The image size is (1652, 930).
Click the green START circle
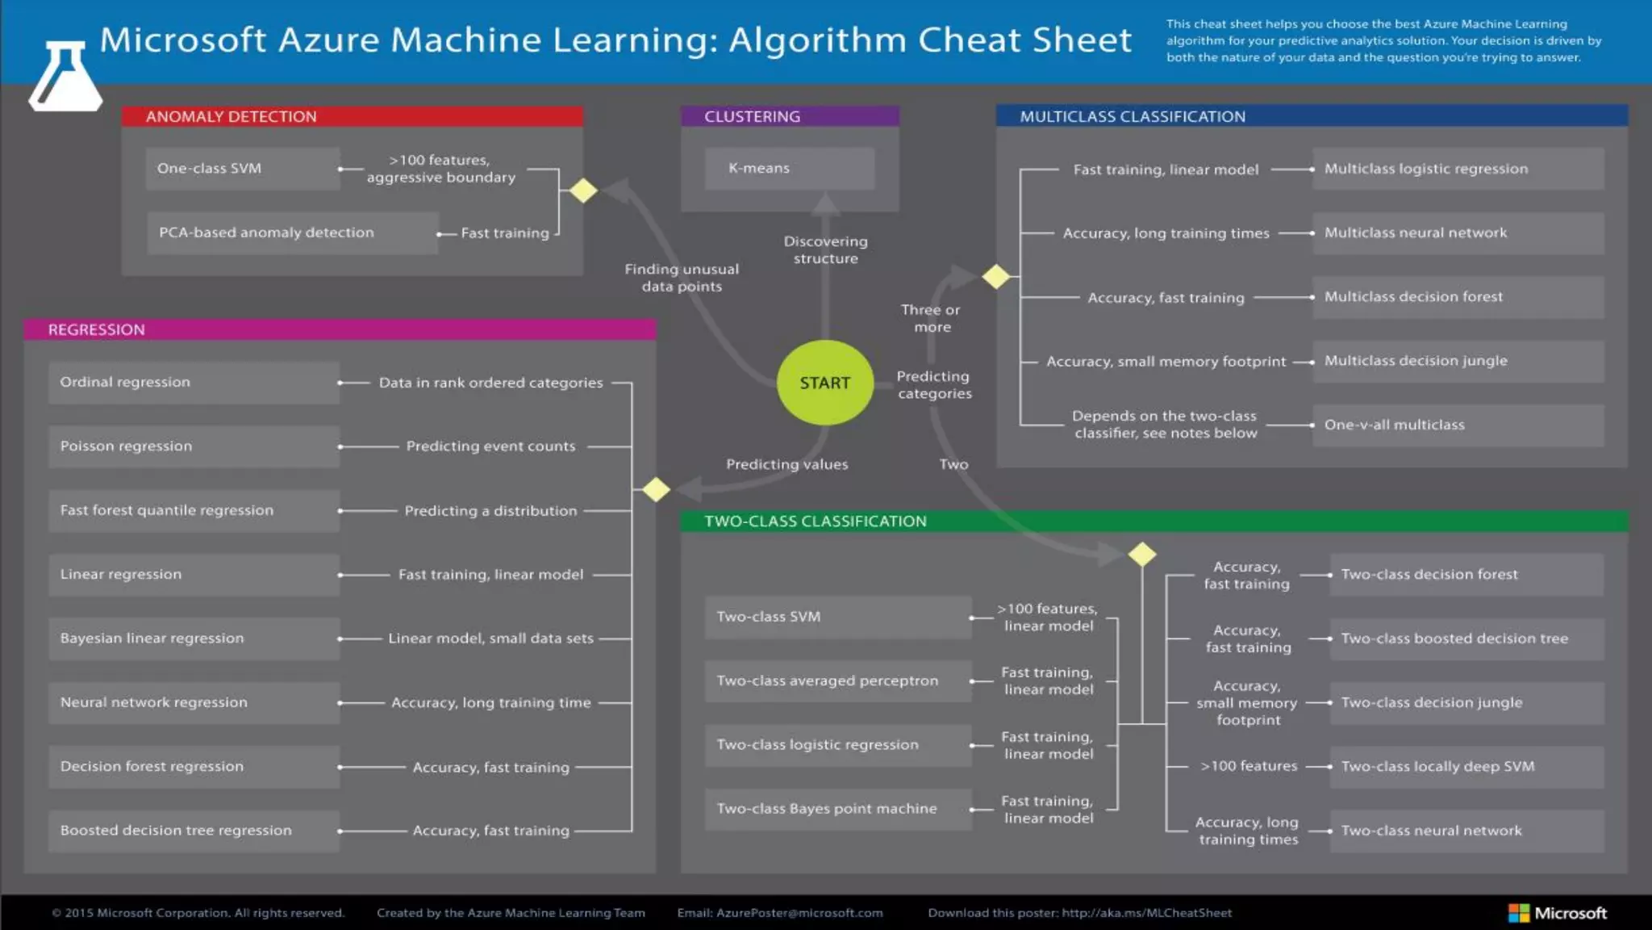824,383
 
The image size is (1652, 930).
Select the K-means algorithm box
789,168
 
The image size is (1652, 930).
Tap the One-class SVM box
242,168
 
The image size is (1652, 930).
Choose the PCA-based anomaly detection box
292,232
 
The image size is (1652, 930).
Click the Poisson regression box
194,446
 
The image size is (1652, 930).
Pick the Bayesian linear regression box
194,639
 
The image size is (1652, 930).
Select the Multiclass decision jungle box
1458,361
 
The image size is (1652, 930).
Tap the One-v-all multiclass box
1458,425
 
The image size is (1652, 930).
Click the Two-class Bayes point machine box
838,809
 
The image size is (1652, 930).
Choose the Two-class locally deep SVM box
1466,767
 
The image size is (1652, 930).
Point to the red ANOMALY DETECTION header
352,116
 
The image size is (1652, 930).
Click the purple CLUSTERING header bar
789,116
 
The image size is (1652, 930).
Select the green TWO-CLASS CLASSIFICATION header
1153,522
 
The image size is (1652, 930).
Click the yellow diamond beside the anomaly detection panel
583,191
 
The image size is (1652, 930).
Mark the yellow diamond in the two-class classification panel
1142,555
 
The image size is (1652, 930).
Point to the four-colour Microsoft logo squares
1519,913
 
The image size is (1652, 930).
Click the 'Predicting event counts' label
490,446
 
